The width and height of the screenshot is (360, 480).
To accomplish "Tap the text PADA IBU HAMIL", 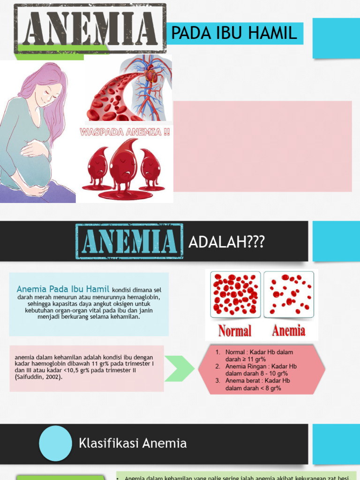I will coord(234,33).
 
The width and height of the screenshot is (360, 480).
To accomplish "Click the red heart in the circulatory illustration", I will coord(150,75).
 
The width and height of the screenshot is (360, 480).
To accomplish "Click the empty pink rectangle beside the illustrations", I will coord(262,146).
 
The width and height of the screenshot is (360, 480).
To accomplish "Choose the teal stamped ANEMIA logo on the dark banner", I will coord(129,241).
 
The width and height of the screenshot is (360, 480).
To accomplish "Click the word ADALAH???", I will coord(226,242).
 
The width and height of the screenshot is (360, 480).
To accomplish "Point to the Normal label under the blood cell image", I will coord(235,331).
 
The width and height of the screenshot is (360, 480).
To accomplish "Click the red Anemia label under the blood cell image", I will coord(289,331).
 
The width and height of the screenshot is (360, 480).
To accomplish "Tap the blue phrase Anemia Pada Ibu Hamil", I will coord(63,289).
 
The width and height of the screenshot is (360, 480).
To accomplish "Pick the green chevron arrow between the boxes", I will coord(179,368).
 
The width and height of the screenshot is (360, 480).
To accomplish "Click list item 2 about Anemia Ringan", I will coord(260,370).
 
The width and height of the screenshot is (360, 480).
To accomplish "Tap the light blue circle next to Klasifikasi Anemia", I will coord(55,443).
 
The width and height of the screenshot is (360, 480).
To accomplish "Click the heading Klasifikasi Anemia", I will coord(133,443).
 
